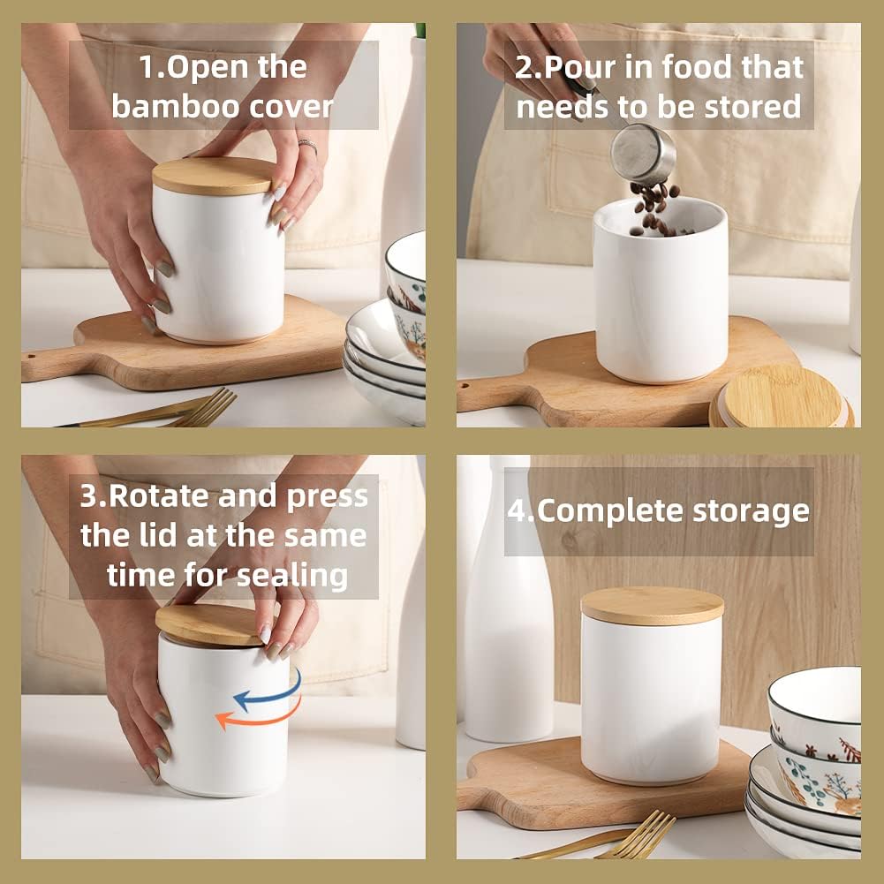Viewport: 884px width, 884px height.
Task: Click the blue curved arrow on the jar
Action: (x=268, y=693)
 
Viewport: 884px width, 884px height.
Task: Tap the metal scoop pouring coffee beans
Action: (x=644, y=154)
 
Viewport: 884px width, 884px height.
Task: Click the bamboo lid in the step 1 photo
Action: (x=215, y=176)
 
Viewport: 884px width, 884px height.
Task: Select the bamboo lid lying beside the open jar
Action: (x=781, y=397)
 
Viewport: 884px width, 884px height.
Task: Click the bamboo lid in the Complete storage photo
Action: (x=653, y=606)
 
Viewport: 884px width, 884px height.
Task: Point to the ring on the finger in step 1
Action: (x=307, y=145)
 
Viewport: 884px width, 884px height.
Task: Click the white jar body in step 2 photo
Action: (x=661, y=300)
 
